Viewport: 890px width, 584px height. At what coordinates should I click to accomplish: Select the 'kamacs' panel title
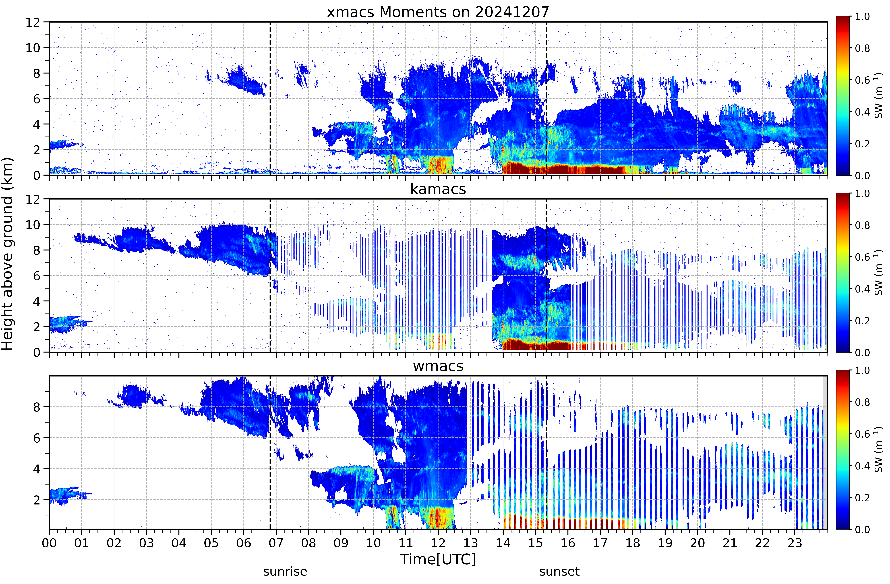(438, 189)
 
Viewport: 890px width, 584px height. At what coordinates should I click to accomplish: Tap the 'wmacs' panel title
(438, 366)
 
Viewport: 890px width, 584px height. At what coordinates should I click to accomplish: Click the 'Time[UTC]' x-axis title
(438, 559)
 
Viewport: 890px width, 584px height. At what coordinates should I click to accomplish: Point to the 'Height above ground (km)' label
(7, 254)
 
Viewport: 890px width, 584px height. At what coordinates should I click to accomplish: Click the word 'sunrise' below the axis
(285, 572)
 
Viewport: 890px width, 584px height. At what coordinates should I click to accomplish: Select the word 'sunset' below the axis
(559, 572)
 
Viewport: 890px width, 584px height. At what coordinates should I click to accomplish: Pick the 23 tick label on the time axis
(795, 543)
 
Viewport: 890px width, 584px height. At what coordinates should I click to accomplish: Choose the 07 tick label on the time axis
(276, 543)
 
